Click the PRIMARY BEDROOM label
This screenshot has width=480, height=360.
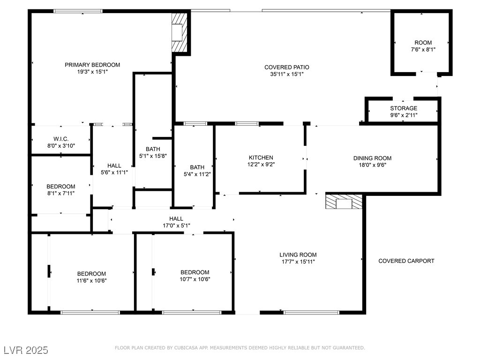click(92, 65)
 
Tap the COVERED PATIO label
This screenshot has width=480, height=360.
click(287, 67)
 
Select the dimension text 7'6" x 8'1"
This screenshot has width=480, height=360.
click(423, 50)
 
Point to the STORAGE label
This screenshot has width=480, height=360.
click(404, 108)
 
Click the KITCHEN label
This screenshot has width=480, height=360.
click(261, 157)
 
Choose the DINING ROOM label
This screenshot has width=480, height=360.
click(372, 158)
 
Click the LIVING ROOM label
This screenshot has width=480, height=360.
click(298, 255)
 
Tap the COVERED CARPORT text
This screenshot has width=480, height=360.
click(406, 261)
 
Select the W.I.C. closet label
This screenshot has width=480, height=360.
click(61, 139)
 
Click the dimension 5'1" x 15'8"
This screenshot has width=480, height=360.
click(153, 156)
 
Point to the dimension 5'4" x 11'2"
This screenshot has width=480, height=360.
click(197, 174)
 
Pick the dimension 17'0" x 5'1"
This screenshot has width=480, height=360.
click(176, 225)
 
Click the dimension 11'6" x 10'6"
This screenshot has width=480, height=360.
click(91, 280)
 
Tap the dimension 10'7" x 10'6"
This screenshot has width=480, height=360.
click(195, 279)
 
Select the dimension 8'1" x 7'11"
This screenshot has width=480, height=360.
click(61, 193)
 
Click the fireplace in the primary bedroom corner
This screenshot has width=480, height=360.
click(179, 32)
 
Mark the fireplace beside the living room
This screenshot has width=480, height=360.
click(344, 202)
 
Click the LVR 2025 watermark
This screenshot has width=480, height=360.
click(26, 350)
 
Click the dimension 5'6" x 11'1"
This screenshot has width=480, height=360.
click(114, 172)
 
